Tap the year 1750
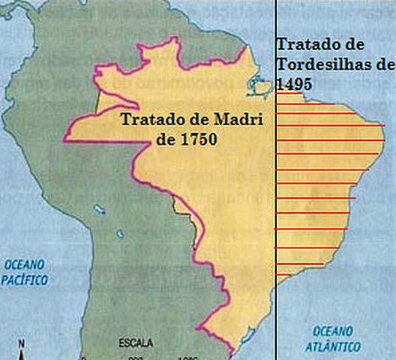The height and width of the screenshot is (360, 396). (x=197, y=139)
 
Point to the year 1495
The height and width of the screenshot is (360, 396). (x=294, y=84)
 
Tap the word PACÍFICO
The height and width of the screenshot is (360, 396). (x=24, y=280)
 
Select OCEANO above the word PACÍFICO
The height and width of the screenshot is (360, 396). (x=24, y=265)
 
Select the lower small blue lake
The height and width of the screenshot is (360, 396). (x=119, y=233)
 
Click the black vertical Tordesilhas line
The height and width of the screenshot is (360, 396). (x=276, y=187)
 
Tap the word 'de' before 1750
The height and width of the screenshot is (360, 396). (x=166, y=139)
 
